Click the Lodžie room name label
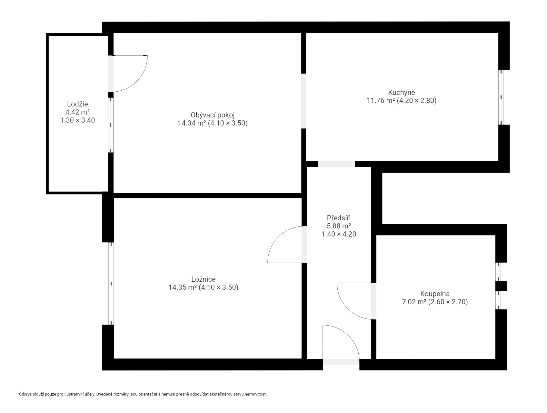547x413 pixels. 77,104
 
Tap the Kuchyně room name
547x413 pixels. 402,93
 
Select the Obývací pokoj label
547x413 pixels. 213,115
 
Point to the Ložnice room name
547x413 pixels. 203,279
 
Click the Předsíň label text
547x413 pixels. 339,218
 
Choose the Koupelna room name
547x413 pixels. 435,294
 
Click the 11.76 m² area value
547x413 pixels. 381,101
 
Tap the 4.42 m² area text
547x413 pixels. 77,112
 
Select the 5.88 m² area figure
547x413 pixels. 339,226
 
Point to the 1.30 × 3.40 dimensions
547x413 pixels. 77,120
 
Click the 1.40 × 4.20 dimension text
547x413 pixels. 339,234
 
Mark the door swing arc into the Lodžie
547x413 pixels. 137,81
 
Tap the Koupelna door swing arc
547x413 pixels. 348,308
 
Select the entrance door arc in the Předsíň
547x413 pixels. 349,336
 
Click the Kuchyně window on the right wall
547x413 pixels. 501,97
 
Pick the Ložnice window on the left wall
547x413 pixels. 111,284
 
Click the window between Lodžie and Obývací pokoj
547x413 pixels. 111,125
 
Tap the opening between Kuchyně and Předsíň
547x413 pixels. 336,164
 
